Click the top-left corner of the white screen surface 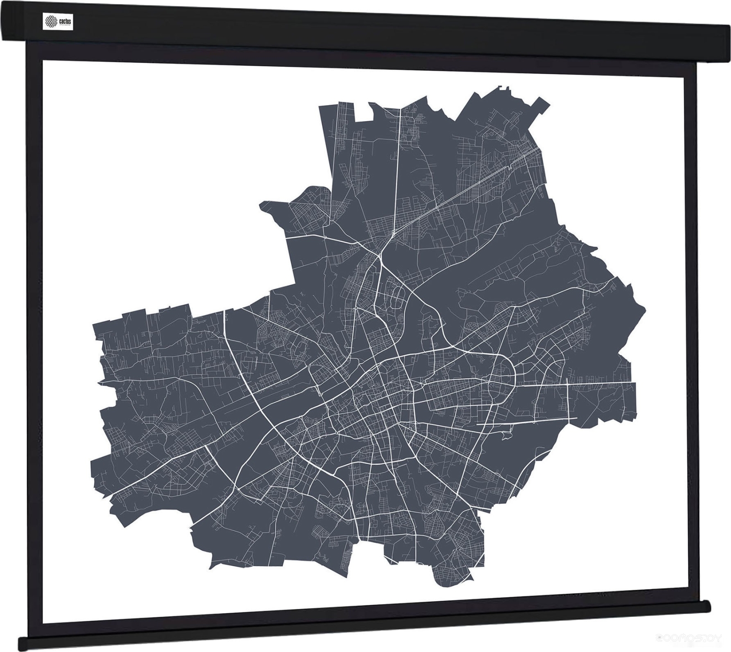[43, 60]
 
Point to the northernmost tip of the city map [502, 86]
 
